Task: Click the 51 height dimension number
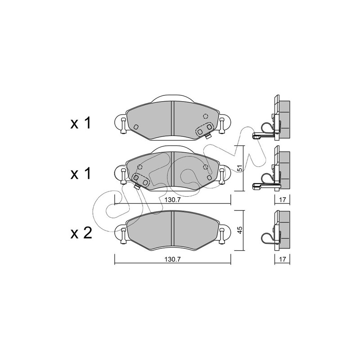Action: point(239,168)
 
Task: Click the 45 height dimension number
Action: point(239,230)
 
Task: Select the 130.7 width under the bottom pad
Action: point(173,259)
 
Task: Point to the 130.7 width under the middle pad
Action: point(173,200)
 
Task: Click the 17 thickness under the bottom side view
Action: point(283,259)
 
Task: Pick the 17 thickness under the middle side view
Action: point(283,200)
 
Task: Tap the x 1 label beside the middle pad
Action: point(81,174)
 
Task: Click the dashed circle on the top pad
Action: point(206,116)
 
